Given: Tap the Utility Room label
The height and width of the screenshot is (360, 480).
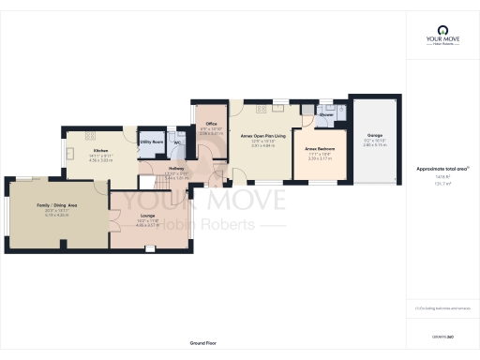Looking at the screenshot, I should tap(152, 142).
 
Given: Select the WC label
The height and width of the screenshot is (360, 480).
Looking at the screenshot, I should tap(176, 143).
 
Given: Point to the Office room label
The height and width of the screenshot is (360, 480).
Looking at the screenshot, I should tap(212, 124).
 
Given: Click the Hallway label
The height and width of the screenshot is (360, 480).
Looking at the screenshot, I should tap(151, 169).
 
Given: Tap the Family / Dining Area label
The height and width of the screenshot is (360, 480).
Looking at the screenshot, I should tap(56, 204).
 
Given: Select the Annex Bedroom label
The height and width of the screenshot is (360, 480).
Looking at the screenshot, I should tap(322, 148).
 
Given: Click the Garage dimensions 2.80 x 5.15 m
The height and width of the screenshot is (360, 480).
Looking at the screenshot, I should tap(374, 148).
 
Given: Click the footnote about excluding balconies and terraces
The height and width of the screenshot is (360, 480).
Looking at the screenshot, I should tap(442, 307).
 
